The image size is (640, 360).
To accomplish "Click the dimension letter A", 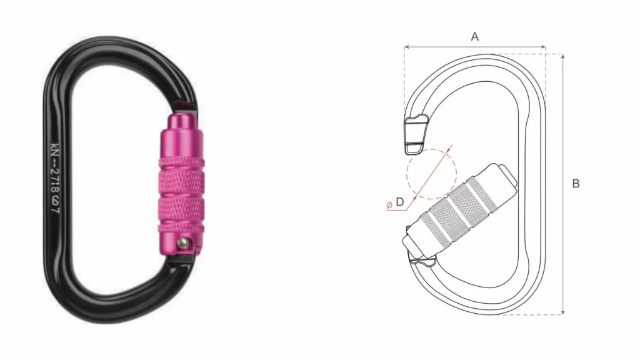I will click(474, 37).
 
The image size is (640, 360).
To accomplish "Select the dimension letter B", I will click(576, 184).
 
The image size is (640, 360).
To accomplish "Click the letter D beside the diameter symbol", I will click(400, 202).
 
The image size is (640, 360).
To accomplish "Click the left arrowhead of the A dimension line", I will click(406, 47).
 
